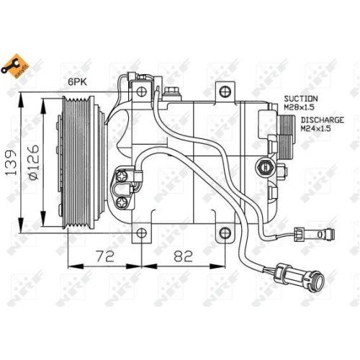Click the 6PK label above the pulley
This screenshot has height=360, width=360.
pyautogui.click(x=77, y=82)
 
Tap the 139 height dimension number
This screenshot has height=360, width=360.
pyautogui.click(x=12, y=163)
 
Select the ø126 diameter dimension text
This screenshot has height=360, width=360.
pyautogui.click(x=33, y=162)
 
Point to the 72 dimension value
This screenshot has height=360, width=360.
pyautogui.click(x=105, y=256)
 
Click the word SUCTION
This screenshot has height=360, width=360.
pyautogui.click(x=301, y=99)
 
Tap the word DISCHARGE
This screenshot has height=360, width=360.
pyautogui.click(x=323, y=120)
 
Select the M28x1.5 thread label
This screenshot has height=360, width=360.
pyautogui.click(x=299, y=107)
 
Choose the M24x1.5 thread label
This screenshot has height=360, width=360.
pyautogui.click(x=316, y=128)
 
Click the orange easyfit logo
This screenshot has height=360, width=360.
pyautogui.click(x=15, y=66)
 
